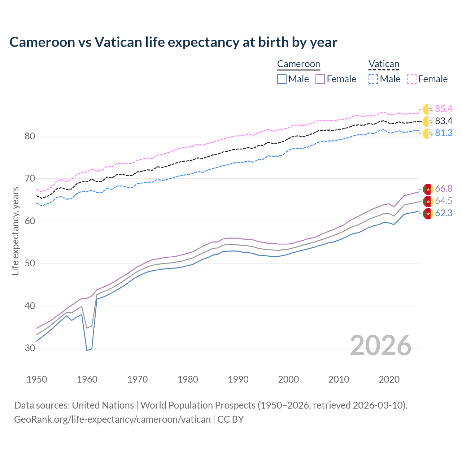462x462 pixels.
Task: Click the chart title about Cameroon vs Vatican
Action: pyautogui.click(x=173, y=42)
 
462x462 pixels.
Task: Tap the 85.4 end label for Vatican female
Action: pyautogui.click(x=444, y=109)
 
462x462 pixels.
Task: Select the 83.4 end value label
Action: pyautogui.click(x=444, y=121)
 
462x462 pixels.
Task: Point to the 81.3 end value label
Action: pyautogui.click(x=444, y=133)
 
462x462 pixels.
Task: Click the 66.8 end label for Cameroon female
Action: pyautogui.click(x=444, y=189)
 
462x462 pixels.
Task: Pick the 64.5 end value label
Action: pyautogui.click(x=444, y=201)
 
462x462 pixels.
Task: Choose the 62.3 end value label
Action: pyautogui.click(x=444, y=213)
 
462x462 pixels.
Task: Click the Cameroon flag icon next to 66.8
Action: pyautogui.click(x=428, y=189)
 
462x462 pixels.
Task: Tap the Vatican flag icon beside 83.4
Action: pyautogui.click(x=428, y=122)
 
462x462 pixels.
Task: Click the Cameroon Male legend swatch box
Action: pyautogui.click(x=282, y=79)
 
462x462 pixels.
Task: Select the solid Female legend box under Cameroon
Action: pyautogui.click(x=320, y=79)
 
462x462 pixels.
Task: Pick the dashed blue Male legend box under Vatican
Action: pyautogui.click(x=373, y=79)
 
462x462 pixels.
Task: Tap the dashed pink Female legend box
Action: pyautogui.click(x=412, y=79)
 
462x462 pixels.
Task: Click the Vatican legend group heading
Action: pyautogui.click(x=384, y=64)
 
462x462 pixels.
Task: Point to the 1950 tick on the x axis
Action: pyautogui.click(x=37, y=379)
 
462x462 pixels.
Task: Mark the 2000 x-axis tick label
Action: pyautogui.click(x=288, y=379)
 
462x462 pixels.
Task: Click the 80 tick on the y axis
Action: pyautogui.click(x=30, y=136)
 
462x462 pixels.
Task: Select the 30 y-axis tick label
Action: pyautogui.click(x=30, y=348)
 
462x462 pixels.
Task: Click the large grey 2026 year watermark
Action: pyautogui.click(x=381, y=345)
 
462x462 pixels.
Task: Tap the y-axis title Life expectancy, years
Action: pyautogui.click(x=16, y=231)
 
